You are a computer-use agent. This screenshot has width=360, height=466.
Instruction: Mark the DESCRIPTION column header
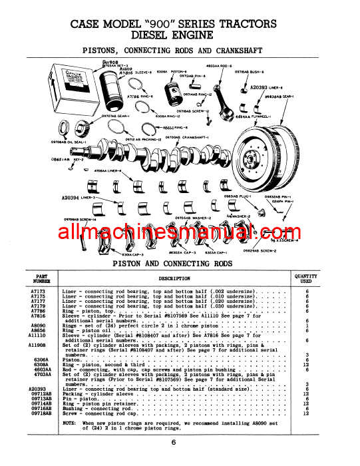pos(175,279)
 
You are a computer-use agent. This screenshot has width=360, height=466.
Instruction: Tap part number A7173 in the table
pos(39,292)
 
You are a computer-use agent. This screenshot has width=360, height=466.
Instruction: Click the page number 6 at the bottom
pos(172,442)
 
